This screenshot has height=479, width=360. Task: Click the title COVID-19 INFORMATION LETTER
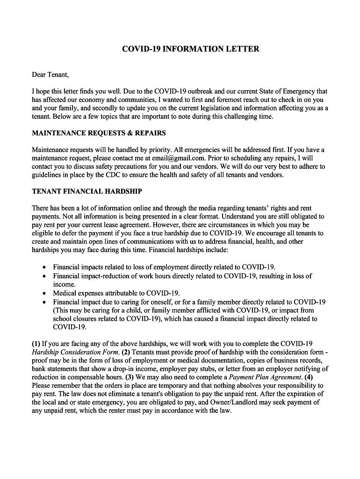(190, 49)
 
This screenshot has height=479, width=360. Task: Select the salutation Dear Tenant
(50, 74)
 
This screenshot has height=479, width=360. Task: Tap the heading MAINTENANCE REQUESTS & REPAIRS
(99, 133)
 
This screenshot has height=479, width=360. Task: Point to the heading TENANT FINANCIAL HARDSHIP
(87, 191)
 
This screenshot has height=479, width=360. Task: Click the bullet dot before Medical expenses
(43, 293)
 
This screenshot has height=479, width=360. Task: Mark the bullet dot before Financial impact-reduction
(43, 276)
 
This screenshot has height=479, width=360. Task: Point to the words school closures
(76, 319)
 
